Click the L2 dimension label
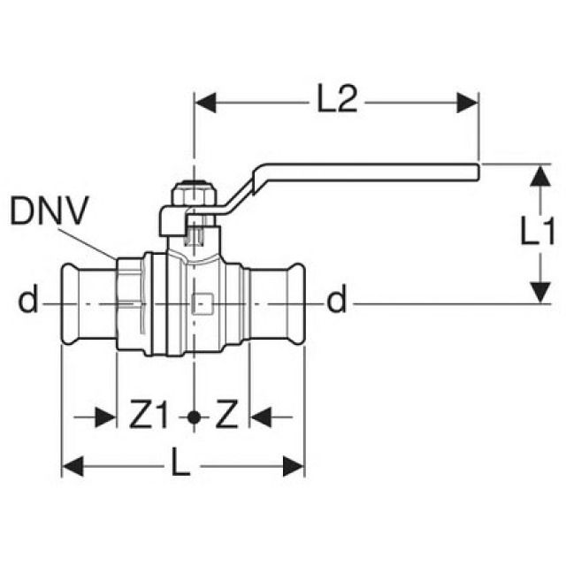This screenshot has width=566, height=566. [x=336, y=102]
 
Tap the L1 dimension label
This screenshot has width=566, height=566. [x=538, y=233]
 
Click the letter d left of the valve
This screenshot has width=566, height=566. [x=28, y=302]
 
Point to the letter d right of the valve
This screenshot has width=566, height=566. [x=336, y=302]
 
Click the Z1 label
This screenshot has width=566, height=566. [x=151, y=414]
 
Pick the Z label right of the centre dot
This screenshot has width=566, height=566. [x=227, y=414]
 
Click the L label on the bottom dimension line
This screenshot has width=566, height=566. [x=180, y=465]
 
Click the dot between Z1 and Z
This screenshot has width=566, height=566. [x=193, y=415]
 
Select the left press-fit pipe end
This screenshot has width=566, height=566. [x=88, y=302]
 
